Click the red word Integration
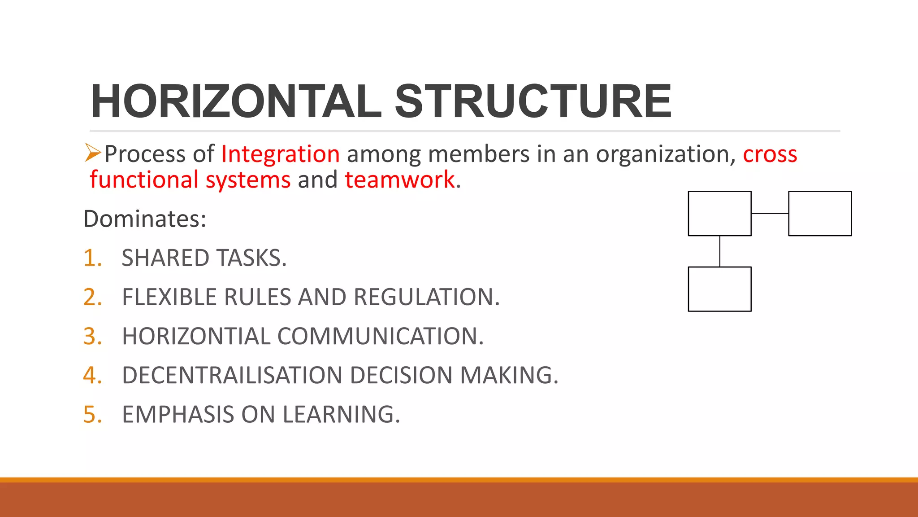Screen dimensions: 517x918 pos(281,154)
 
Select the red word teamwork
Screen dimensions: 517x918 pos(400,180)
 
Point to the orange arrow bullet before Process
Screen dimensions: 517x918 pos(93,153)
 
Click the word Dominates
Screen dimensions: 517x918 pos(144,219)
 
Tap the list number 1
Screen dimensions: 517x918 pos(92,258)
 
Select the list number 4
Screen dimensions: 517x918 pos(92,375)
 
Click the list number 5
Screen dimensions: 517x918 pos(92,414)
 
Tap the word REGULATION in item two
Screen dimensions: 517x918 pos(426,297)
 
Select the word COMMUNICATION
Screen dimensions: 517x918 pos(380,336)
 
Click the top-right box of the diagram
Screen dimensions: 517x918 pos(820,214)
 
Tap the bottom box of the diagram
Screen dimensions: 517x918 pos(719,289)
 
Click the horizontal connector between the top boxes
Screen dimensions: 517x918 pos(770,214)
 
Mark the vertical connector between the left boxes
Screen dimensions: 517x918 pos(720,251)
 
